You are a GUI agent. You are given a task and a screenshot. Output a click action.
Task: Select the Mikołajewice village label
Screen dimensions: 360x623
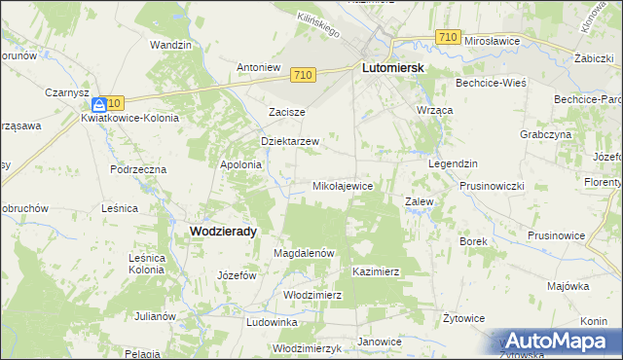342,185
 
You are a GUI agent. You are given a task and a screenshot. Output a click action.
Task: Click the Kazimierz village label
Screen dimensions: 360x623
377,272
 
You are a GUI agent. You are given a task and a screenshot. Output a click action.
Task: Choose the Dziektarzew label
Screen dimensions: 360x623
291,141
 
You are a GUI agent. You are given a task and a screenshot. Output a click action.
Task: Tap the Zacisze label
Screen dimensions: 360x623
287,112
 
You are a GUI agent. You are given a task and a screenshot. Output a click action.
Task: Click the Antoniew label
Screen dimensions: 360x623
259,68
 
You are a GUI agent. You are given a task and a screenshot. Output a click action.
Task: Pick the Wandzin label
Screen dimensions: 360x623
169,45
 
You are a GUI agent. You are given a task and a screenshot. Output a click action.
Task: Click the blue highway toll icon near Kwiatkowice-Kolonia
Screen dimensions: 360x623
99,103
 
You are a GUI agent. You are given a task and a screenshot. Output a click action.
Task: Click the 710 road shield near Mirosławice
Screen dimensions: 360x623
447,37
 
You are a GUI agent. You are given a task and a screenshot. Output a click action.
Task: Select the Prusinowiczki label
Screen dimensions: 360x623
492,186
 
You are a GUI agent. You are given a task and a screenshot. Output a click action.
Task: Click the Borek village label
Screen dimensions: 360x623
472,240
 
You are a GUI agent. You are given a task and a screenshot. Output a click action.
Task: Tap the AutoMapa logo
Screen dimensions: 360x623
559,342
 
